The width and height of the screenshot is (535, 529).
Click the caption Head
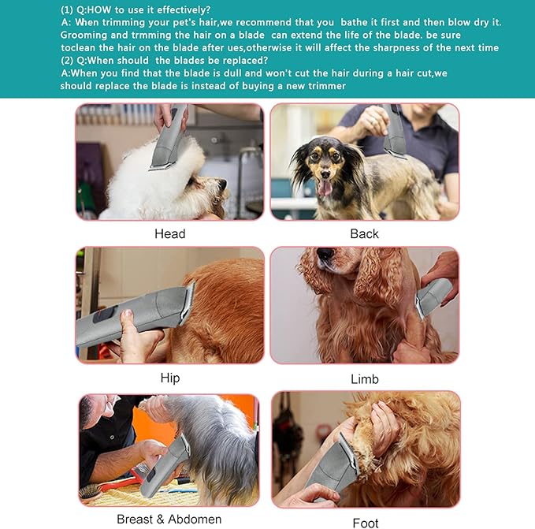click(x=169, y=233)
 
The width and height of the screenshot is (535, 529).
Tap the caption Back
click(x=364, y=233)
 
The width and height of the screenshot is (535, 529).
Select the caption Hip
click(x=169, y=378)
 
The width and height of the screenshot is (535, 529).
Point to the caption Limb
click(x=364, y=379)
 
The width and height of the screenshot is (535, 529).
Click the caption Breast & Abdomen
click(x=169, y=519)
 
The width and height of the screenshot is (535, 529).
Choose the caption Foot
click(x=365, y=522)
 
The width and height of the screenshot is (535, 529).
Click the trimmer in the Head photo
click(x=171, y=138)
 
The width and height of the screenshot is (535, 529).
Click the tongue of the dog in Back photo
click(x=324, y=187)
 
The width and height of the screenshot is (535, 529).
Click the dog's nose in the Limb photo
click(x=324, y=254)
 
